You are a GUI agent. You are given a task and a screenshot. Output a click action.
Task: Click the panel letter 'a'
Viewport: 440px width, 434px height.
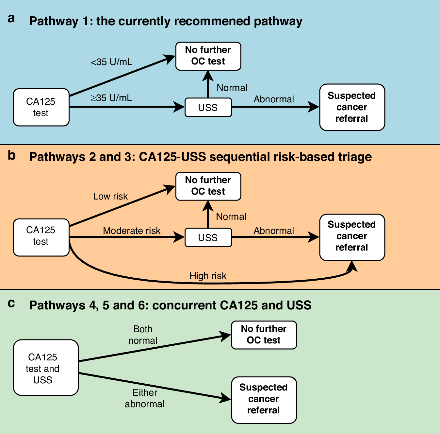point(11,19)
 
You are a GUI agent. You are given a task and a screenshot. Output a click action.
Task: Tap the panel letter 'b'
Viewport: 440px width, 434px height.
point(12,155)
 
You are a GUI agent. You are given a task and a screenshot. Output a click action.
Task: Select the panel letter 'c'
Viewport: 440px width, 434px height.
point(11,304)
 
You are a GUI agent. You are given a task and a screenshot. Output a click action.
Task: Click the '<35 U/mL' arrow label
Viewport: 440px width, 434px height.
point(111,62)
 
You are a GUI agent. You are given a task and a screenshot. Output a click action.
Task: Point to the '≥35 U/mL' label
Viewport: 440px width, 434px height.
point(111,98)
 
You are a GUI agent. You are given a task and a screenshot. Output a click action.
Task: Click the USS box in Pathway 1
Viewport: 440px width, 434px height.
point(208,107)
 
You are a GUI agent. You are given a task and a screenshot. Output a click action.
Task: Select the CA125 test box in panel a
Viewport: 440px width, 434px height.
point(41,107)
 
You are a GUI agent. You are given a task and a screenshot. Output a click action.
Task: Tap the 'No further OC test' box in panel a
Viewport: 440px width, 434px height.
point(208,56)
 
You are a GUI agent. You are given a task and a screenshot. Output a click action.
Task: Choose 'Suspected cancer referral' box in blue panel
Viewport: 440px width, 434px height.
point(352,107)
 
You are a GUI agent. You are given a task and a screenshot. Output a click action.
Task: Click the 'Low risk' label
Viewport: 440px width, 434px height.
point(110,196)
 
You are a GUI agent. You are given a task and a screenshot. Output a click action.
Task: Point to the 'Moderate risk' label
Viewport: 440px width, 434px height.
point(132,231)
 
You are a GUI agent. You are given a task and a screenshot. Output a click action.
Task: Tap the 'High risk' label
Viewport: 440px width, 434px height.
point(208,276)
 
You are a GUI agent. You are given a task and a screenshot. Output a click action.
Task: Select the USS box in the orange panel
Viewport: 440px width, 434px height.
point(208,237)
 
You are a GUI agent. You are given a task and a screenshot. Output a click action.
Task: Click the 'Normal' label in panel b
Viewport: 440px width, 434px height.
point(231,217)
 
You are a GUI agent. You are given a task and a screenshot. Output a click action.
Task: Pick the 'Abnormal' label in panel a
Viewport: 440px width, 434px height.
point(274,99)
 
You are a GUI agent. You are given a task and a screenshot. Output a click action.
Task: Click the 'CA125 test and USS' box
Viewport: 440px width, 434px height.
point(46,368)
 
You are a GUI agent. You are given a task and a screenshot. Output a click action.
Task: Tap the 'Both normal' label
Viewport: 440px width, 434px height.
point(143,335)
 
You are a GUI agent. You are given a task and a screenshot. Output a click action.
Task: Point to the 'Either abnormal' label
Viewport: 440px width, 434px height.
point(144,398)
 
